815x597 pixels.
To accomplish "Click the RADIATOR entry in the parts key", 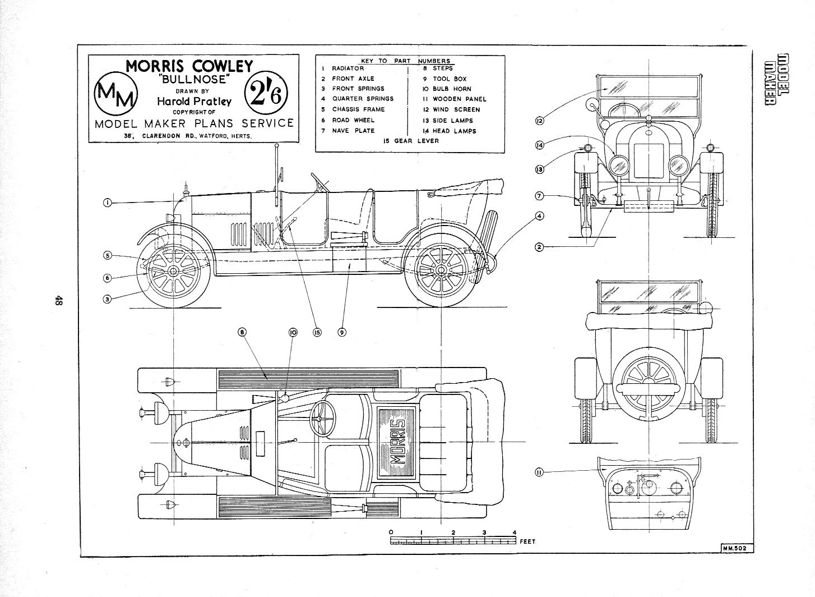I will [x=348, y=68].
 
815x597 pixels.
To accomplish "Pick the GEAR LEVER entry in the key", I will [x=411, y=141].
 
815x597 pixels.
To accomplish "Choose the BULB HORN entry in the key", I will [x=451, y=89].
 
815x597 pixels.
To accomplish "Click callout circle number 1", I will [x=106, y=203].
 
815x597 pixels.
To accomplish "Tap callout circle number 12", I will [x=539, y=121].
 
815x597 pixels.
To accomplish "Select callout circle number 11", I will [x=539, y=472].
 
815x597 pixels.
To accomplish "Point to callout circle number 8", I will [x=242, y=332].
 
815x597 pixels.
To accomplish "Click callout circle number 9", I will [x=341, y=332].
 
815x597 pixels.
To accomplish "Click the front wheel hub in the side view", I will [x=173, y=272].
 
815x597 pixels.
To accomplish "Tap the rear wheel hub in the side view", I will [x=441, y=272].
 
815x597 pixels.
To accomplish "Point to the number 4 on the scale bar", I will [x=514, y=532].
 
